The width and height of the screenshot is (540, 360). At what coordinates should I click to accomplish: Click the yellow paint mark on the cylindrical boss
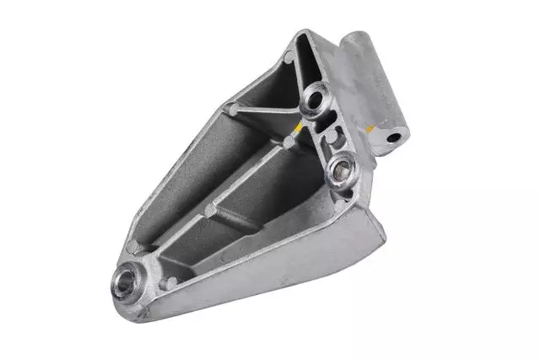click(x=370, y=129)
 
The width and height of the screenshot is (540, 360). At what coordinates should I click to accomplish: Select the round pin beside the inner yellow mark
click(x=289, y=142)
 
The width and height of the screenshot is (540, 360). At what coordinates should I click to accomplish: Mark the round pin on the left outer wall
click(x=229, y=109)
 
